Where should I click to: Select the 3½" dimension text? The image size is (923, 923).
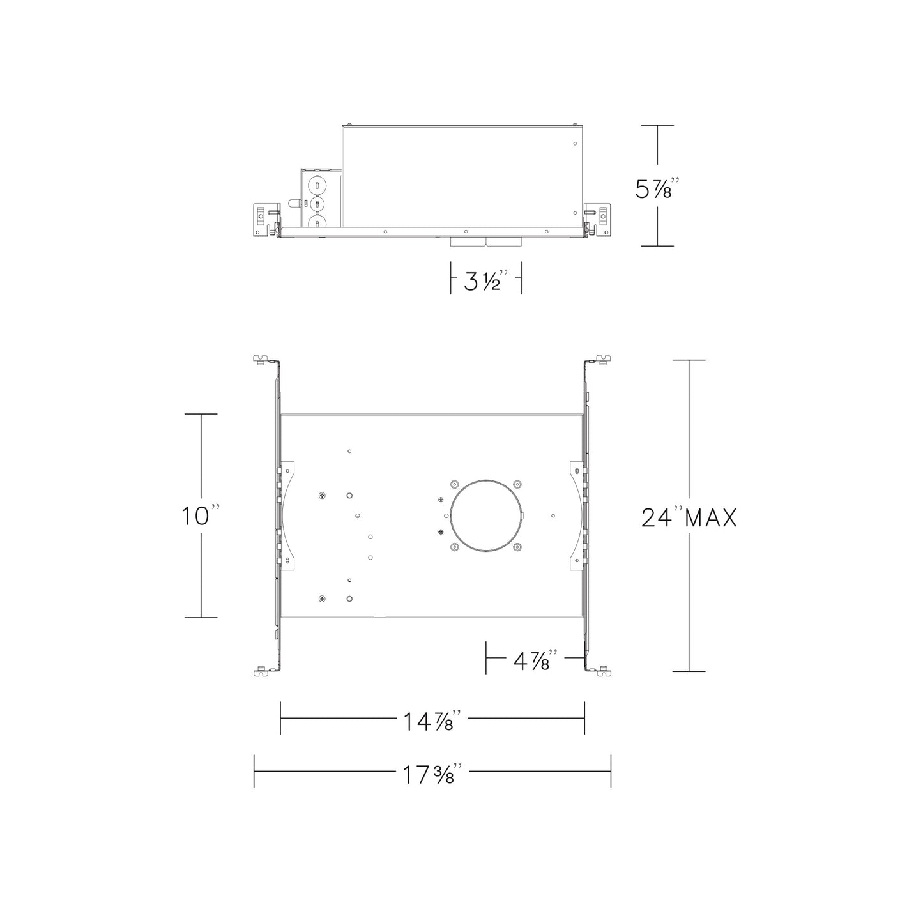[x=486, y=280]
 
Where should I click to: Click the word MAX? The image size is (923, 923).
[x=710, y=517]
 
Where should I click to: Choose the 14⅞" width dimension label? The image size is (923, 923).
[x=432, y=722]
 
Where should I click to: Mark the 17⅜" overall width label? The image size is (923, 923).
[x=432, y=775]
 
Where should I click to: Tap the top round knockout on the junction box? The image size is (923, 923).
[x=316, y=184]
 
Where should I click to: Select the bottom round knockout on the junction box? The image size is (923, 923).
[x=316, y=223]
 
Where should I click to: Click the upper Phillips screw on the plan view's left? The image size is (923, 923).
[x=321, y=495]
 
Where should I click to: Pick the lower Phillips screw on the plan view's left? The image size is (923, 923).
[x=321, y=599]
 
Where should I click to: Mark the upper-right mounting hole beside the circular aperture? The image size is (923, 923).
[x=517, y=484]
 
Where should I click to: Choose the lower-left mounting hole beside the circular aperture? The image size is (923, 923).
[x=454, y=547]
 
